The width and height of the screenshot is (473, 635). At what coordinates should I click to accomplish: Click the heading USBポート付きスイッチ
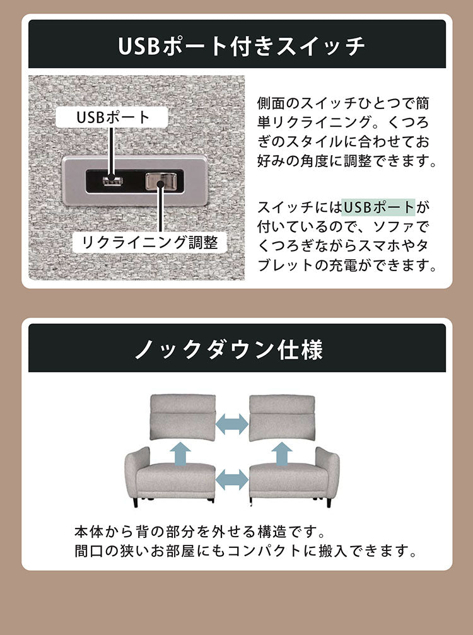[237, 45]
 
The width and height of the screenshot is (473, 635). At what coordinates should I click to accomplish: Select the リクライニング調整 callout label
[146, 242]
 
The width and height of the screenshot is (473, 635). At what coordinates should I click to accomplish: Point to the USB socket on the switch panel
[111, 182]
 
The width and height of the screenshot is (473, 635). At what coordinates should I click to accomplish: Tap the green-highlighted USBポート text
[378, 207]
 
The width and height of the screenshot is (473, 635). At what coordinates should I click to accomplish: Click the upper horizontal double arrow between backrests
[232, 424]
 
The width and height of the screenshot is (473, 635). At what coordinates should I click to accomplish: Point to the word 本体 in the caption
[86, 530]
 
